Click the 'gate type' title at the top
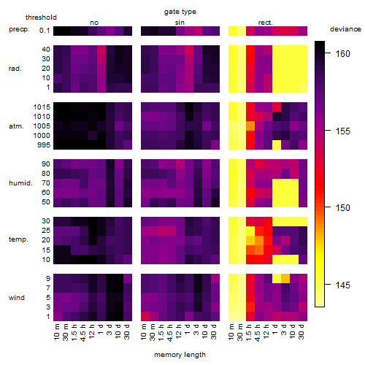pos(180,12)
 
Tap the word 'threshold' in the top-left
pos(41,18)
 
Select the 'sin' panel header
pos(180,23)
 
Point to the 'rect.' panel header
pos(265,23)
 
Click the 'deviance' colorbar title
pos(345,29)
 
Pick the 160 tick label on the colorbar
pos(342,53)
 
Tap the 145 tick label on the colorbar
pos(342,285)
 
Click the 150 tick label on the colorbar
pos(342,207)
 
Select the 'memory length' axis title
pos(180,355)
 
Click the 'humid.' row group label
pos(20,183)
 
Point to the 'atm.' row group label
pos(16,126)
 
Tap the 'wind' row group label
pos(17,298)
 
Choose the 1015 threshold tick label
pos(42,107)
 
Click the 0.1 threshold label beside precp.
pos(45,31)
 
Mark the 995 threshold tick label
pos(44,145)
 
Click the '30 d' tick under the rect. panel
pos(301,331)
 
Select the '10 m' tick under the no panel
pos(56,332)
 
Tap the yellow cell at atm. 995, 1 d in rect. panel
pos(277,145)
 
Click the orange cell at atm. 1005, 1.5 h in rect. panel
pos(250,126)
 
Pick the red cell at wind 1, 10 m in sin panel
pos(145,316)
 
